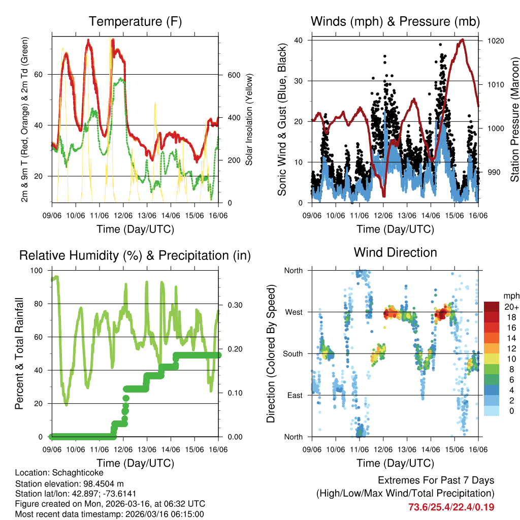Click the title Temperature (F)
pyautogui.click(x=135, y=22)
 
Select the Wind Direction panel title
pyautogui.click(x=395, y=252)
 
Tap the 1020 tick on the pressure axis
pyautogui.click(x=495, y=40)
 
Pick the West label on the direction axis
pyautogui.click(x=293, y=312)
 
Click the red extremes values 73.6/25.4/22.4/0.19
pyautogui.click(x=451, y=507)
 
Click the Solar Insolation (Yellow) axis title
pyautogui.click(x=249, y=120)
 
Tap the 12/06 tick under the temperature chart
pyautogui.click(x=123, y=215)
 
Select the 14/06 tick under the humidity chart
pyautogui.click(x=171, y=449)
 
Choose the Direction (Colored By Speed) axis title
pyautogui.click(x=271, y=354)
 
